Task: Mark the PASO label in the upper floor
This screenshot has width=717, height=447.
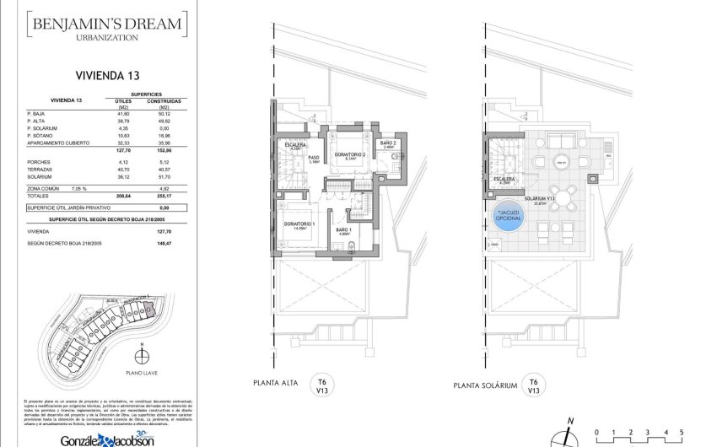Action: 312,157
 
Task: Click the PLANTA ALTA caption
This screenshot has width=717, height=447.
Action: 277,385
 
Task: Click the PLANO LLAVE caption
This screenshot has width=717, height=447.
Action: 142,372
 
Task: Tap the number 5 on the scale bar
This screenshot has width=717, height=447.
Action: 680,433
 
